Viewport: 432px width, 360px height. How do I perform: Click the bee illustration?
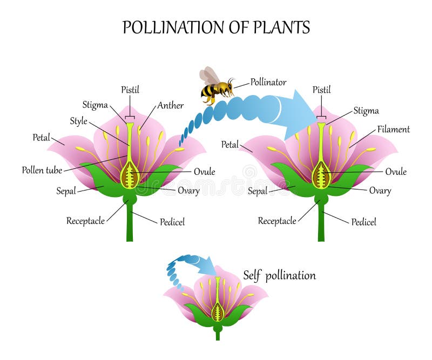click(x=217, y=86)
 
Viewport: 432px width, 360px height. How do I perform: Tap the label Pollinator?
click(x=268, y=82)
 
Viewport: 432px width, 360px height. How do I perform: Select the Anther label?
click(x=170, y=105)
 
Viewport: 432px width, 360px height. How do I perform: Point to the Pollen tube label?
click(x=42, y=170)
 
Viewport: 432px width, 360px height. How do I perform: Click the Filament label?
click(x=394, y=129)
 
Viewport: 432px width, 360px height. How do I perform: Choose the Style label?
click(x=78, y=121)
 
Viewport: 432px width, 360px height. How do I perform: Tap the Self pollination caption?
click(x=279, y=275)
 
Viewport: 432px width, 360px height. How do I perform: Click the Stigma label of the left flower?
click(x=95, y=105)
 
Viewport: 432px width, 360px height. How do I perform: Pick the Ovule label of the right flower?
click(x=396, y=172)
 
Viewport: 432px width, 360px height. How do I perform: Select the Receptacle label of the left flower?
click(x=85, y=221)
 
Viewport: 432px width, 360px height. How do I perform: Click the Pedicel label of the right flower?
click(x=363, y=222)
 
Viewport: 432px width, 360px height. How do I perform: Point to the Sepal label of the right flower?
click(x=258, y=191)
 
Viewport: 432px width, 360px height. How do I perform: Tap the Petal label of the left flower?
click(x=42, y=138)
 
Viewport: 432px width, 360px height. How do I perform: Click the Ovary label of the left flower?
click(x=188, y=191)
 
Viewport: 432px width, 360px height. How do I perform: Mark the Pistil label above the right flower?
click(x=321, y=90)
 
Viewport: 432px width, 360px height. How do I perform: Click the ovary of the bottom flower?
click(x=218, y=312)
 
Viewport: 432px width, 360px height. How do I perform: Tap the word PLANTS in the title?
click(x=281, y=28)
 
